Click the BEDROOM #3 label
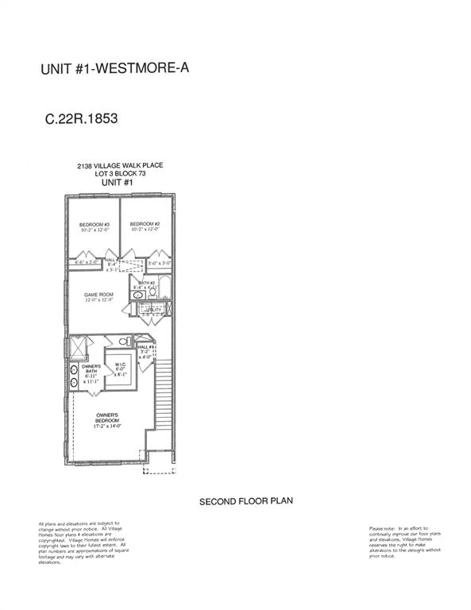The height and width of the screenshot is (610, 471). (x=94, y=225)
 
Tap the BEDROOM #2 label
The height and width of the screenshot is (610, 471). (x=145, y=224)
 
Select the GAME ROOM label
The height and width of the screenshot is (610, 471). (x=99, y=295)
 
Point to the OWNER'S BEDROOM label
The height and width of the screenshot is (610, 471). (x=107, y=415)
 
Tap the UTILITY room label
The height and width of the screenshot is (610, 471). (x=152, y=309)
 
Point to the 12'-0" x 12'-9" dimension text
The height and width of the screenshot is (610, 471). (x=99, y=301)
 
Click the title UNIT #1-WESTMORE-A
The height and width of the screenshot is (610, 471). (x=114, y=69)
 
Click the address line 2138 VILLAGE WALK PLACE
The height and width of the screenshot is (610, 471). (x=120, y=166)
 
